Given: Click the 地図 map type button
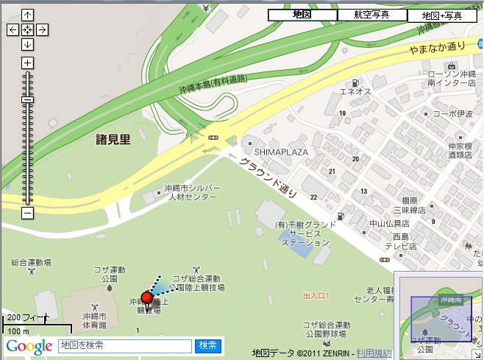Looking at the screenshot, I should pyautogui.click(x=302, y=15).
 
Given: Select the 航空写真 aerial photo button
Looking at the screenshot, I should pyautogui.click(x=372, y=15).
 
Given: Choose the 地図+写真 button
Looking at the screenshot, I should pyautogui.click(x=442, y=15).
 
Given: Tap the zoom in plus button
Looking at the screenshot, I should pyautogui.click(x=27, y=63).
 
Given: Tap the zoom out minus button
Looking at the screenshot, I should pyautogui.click(x=27, y=213).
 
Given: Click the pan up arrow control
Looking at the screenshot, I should pyautogui.click(x=27, y=15).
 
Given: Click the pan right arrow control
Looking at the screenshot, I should pyautogui.click(x=43, y=29).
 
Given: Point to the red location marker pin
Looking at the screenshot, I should pyautogui.click(x=146, y=297).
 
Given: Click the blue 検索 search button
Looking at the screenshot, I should pyautogui.click(x=207, y=345).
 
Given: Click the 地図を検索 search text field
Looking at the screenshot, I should pyautogui.click(x=124, y=345).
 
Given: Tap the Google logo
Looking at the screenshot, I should pyautogui.click(x=29, y=346).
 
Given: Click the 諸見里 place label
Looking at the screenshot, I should pyautogui.click(x=113, y=139).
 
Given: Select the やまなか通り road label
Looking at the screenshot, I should pyautogui.click(x=438, y=48).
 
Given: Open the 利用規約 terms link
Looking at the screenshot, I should pyautogui.click(x=373, y=353).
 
